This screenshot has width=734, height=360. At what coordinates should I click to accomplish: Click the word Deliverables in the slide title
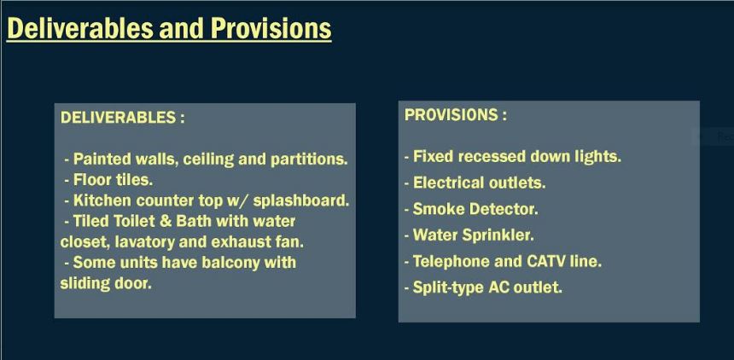point(80,28)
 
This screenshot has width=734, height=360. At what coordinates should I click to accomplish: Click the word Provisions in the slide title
point(271,28)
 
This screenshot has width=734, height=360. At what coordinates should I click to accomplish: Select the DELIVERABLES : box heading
point(123,118)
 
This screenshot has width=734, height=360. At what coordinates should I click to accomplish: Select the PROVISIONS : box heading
point(456,115)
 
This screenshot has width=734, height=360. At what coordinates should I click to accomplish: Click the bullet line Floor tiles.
point(108,180)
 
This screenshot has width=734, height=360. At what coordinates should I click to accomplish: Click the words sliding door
point(106,283)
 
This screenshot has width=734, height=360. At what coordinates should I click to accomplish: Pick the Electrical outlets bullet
point(475,183)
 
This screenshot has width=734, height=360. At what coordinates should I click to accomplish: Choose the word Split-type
point(448,287)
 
